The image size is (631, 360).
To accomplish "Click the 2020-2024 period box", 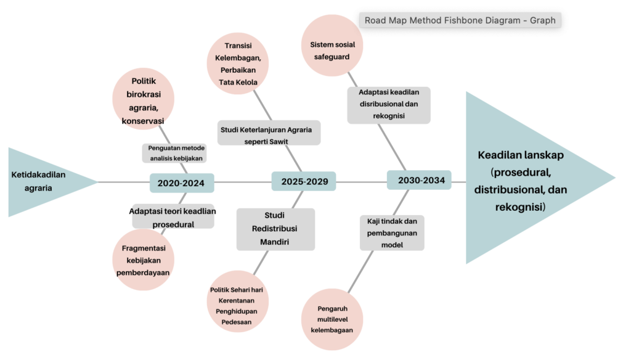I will [x=181, y=183].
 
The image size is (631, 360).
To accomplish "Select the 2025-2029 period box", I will [x=304, y=182].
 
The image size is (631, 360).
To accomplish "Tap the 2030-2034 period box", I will [x=419, y=181].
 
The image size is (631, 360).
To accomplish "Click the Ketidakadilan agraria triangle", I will [x=43, y=182].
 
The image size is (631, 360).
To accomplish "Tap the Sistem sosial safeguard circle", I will [x=332, y=46].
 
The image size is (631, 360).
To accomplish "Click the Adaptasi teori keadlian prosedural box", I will [x=173, y=217].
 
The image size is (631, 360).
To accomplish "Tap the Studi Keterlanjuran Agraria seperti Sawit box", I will [x=269, y=133].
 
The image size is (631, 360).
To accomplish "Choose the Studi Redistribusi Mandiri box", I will [x=275, y=229].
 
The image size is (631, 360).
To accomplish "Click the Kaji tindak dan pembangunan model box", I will [x=392, y=232].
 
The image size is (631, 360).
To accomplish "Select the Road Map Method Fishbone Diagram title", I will [x=460, y=20].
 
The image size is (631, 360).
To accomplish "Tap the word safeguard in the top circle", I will [x=332, y=57].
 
